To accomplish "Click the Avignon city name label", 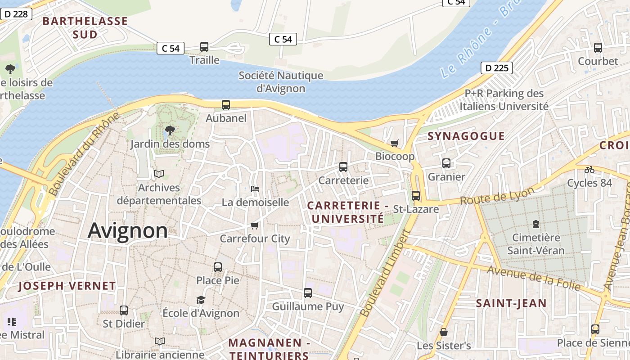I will click(x=128, y=231).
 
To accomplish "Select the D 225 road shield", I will click(x=497, y=68).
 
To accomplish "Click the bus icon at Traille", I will click(x=204, y=47).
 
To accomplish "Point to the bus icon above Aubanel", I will click(x=226, y=105).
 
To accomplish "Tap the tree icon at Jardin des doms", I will click(x=170, y=131).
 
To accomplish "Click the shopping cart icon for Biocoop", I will click(x=395, y=143).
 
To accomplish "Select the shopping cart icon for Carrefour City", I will click(x=255, y=225).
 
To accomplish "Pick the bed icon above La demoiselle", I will click(x=255, y=189).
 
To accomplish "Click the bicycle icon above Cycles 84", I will click(x=589, y=170).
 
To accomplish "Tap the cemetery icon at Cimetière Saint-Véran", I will click(x=535, y=224).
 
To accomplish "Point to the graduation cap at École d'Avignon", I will click(x=201, y=300).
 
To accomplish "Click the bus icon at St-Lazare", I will click(x=416, y=196).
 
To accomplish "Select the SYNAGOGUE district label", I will click(x=466, y=136).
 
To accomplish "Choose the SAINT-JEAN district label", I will click(x=511, y=303).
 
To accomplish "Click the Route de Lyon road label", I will click(x=497, y=196).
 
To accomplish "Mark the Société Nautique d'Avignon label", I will click(x=281, y=82).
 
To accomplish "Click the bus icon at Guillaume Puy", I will click(x=308, y=293).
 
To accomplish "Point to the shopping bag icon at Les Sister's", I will click(x=444, y=332).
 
